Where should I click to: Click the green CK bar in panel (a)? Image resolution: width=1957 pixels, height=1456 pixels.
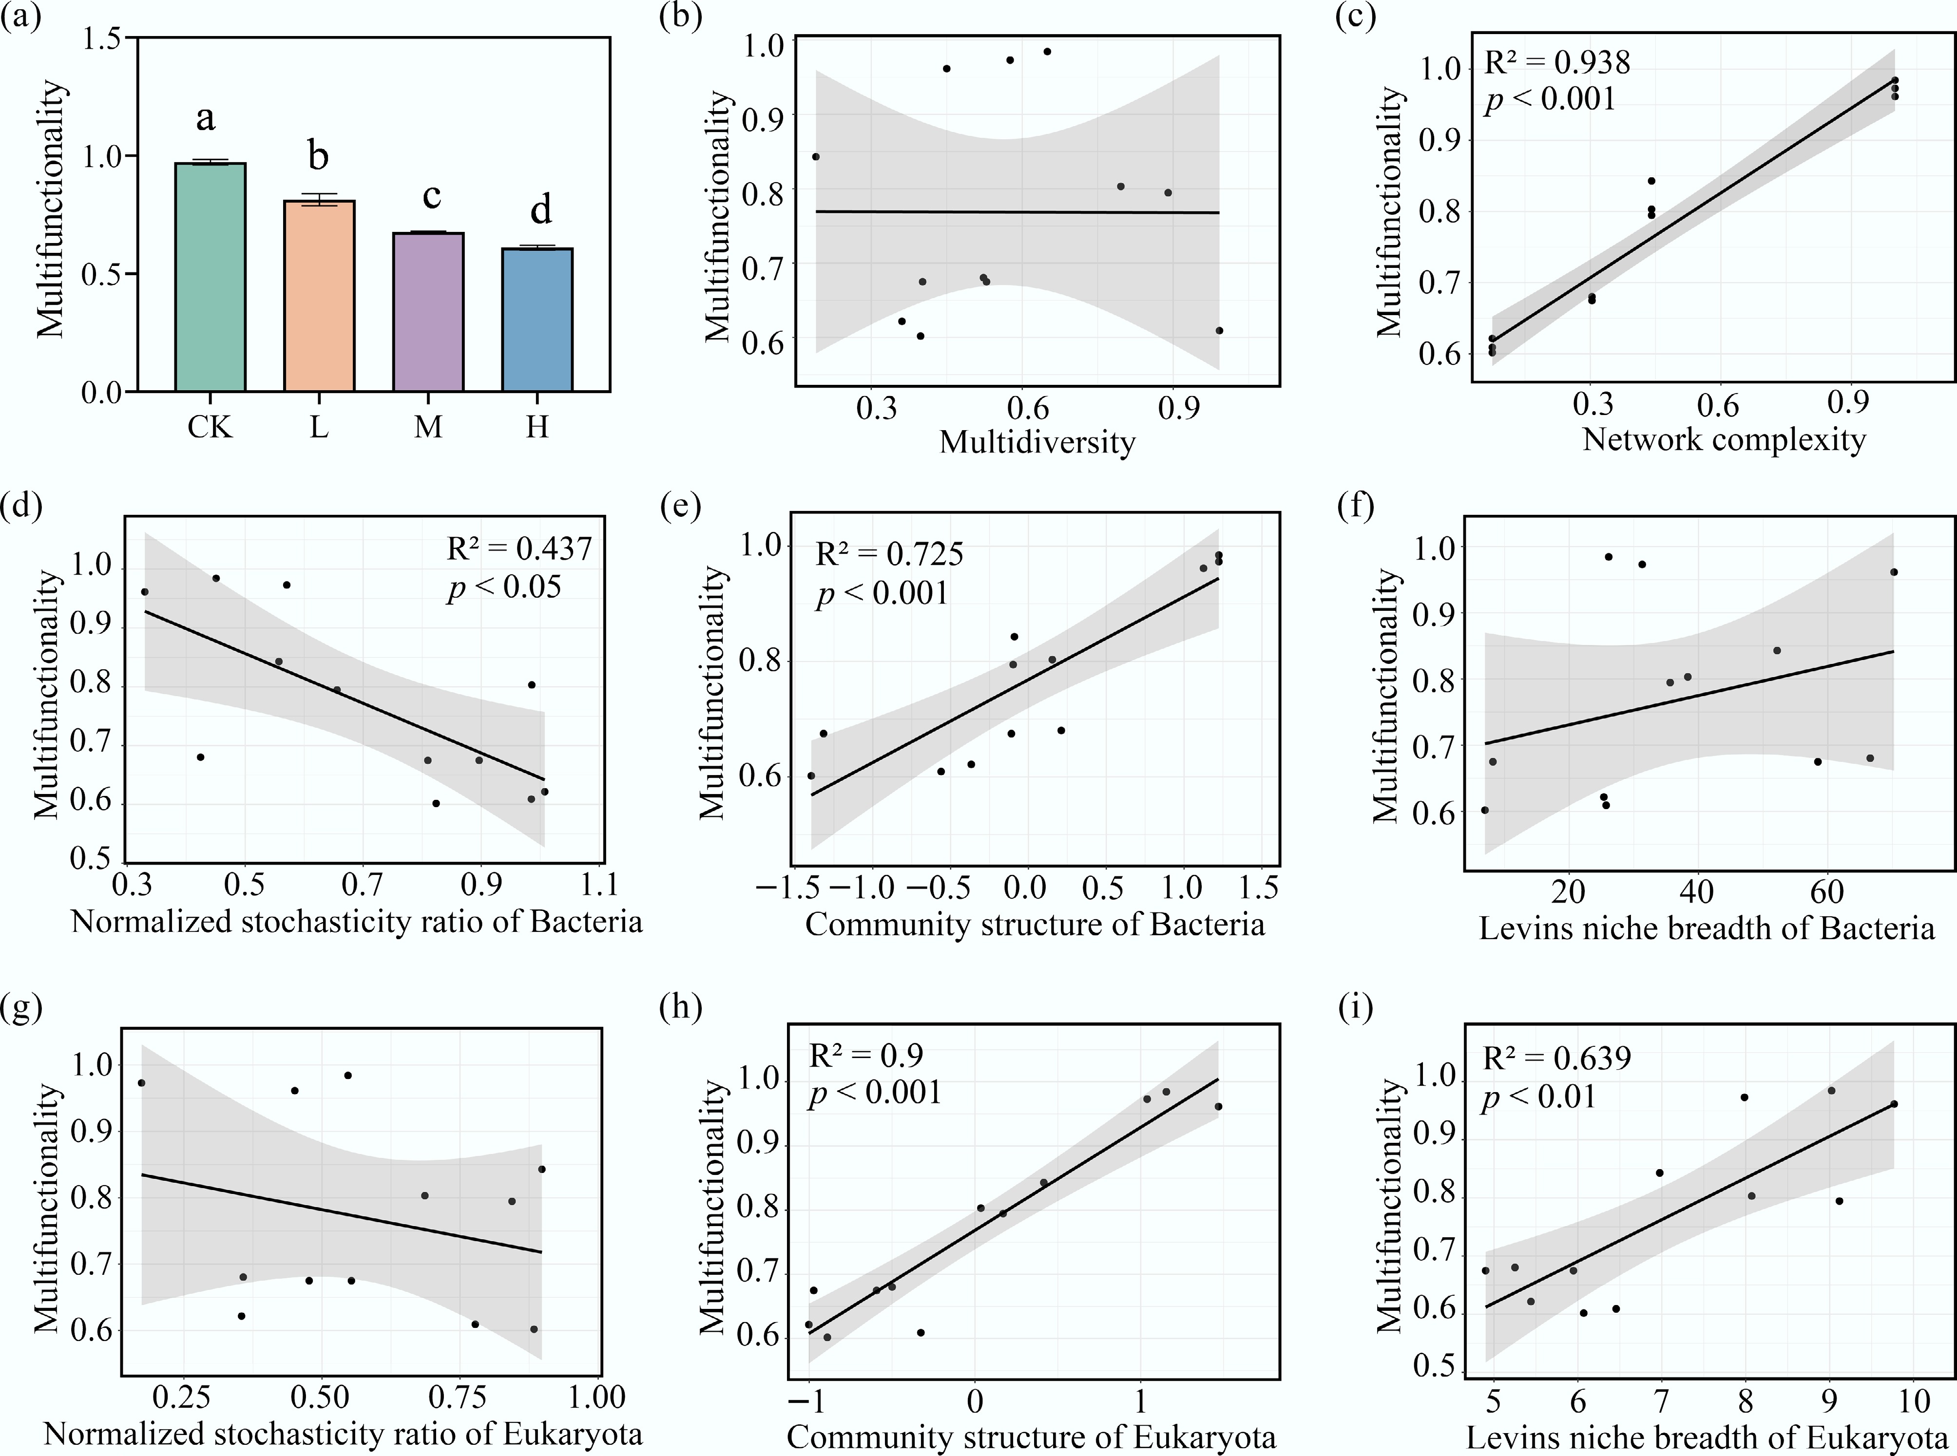[x=210, y=278]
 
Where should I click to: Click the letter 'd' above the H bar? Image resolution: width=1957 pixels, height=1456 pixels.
[x=539, y=210]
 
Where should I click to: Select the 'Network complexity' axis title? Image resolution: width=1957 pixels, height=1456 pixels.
[x=1724, y=439]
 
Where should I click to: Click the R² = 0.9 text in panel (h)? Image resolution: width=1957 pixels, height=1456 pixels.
[x=865, y=1055]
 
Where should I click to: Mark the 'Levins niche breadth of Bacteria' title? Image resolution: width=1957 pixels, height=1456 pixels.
[x=1707, y=928]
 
